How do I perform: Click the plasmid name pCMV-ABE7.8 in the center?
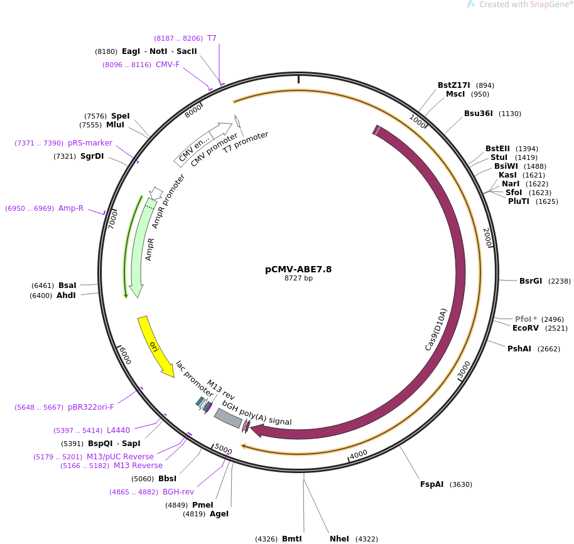coord(298,269)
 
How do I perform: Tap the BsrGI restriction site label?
coord(531,281)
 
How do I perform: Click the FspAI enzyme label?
coord(431,484)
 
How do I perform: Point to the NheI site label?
coord(339,539)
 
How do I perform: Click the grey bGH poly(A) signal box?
coord(228,418)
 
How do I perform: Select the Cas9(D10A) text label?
coord(436,329)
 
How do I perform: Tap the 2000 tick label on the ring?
coord(487,237)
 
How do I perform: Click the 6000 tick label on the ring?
coord(125,355)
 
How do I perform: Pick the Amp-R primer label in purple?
coord(71,208)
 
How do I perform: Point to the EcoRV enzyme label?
coord(526,328)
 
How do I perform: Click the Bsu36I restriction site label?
coord(479,114)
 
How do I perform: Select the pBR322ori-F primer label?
coord(91,407)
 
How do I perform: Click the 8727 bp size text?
coord(299,278)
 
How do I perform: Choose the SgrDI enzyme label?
coord(92,156)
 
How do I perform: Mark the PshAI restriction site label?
coord(519,349)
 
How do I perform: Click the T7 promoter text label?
coord(246,142)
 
